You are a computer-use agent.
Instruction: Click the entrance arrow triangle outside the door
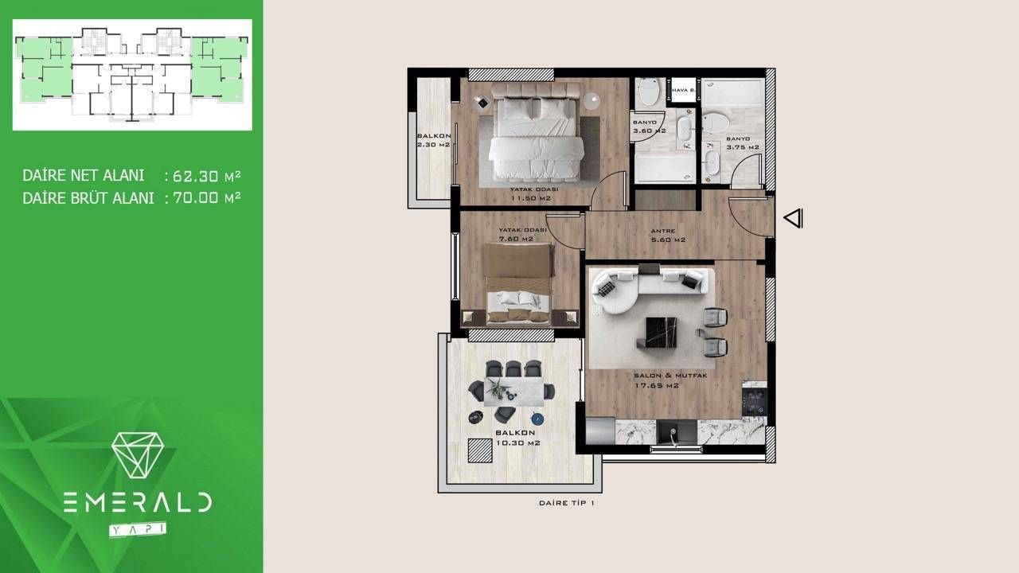pyautogui.click(x=794, y=218)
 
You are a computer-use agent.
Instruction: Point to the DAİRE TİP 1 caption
pyautogui.click(x=567, y=503)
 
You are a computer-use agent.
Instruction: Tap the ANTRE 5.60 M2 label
pyautogui.click(x=668, y=235)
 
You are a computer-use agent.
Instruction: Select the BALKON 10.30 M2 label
pyautogui.click(x=517, y=439)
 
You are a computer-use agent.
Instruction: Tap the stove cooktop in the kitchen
pyautogui.click(x=753, y=400)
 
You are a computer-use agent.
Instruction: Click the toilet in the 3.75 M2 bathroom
pyautogui.click(x=716, y=123)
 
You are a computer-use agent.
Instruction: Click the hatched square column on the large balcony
pyautogui.click(x=479, y=450)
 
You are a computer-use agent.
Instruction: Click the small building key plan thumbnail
pyautogui.click(x=132, y=75)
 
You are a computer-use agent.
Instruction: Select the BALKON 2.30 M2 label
pyautogui.click(x=433, y=141)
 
